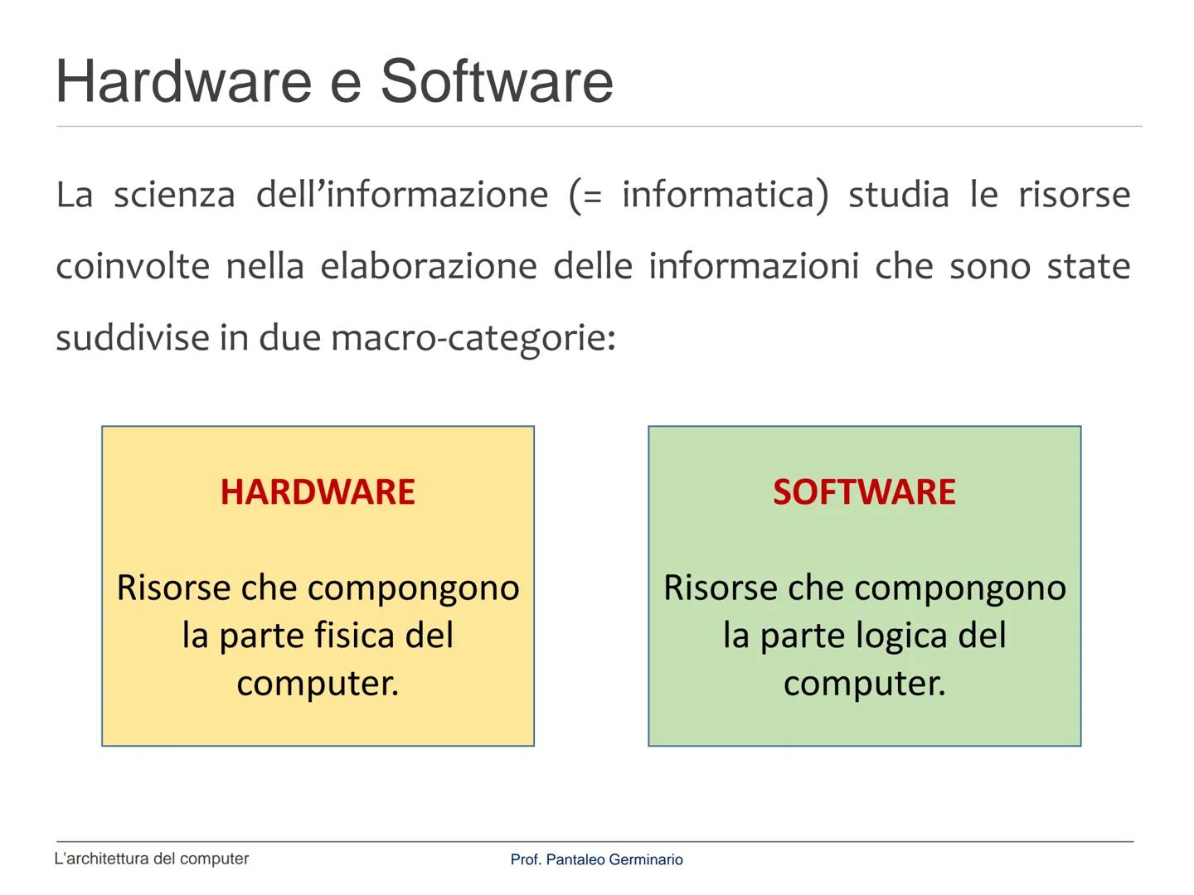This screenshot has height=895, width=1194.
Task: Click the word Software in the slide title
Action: point(496,82)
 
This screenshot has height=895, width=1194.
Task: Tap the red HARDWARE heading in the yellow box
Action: point(318,492)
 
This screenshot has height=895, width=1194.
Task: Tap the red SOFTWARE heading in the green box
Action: point(864,492)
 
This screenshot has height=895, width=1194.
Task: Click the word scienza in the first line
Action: point(174,195)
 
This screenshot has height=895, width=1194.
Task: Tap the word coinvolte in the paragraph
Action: point(133,266)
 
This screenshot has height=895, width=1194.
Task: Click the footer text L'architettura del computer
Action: point(152,859)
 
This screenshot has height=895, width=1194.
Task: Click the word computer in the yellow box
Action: point(318,684)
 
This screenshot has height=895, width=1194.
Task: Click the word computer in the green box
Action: point(864,684)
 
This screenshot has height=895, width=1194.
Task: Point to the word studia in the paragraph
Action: point(898,195)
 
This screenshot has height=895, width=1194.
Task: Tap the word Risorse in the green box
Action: point(718,588)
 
